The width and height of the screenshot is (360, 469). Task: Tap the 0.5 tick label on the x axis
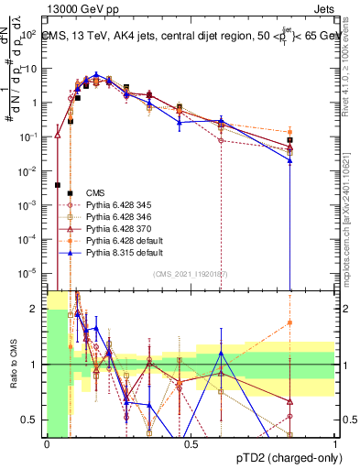pos(191,442)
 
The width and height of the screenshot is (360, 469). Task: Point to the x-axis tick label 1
pos(334,442)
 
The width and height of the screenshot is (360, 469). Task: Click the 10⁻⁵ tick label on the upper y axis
pos(29,273)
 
